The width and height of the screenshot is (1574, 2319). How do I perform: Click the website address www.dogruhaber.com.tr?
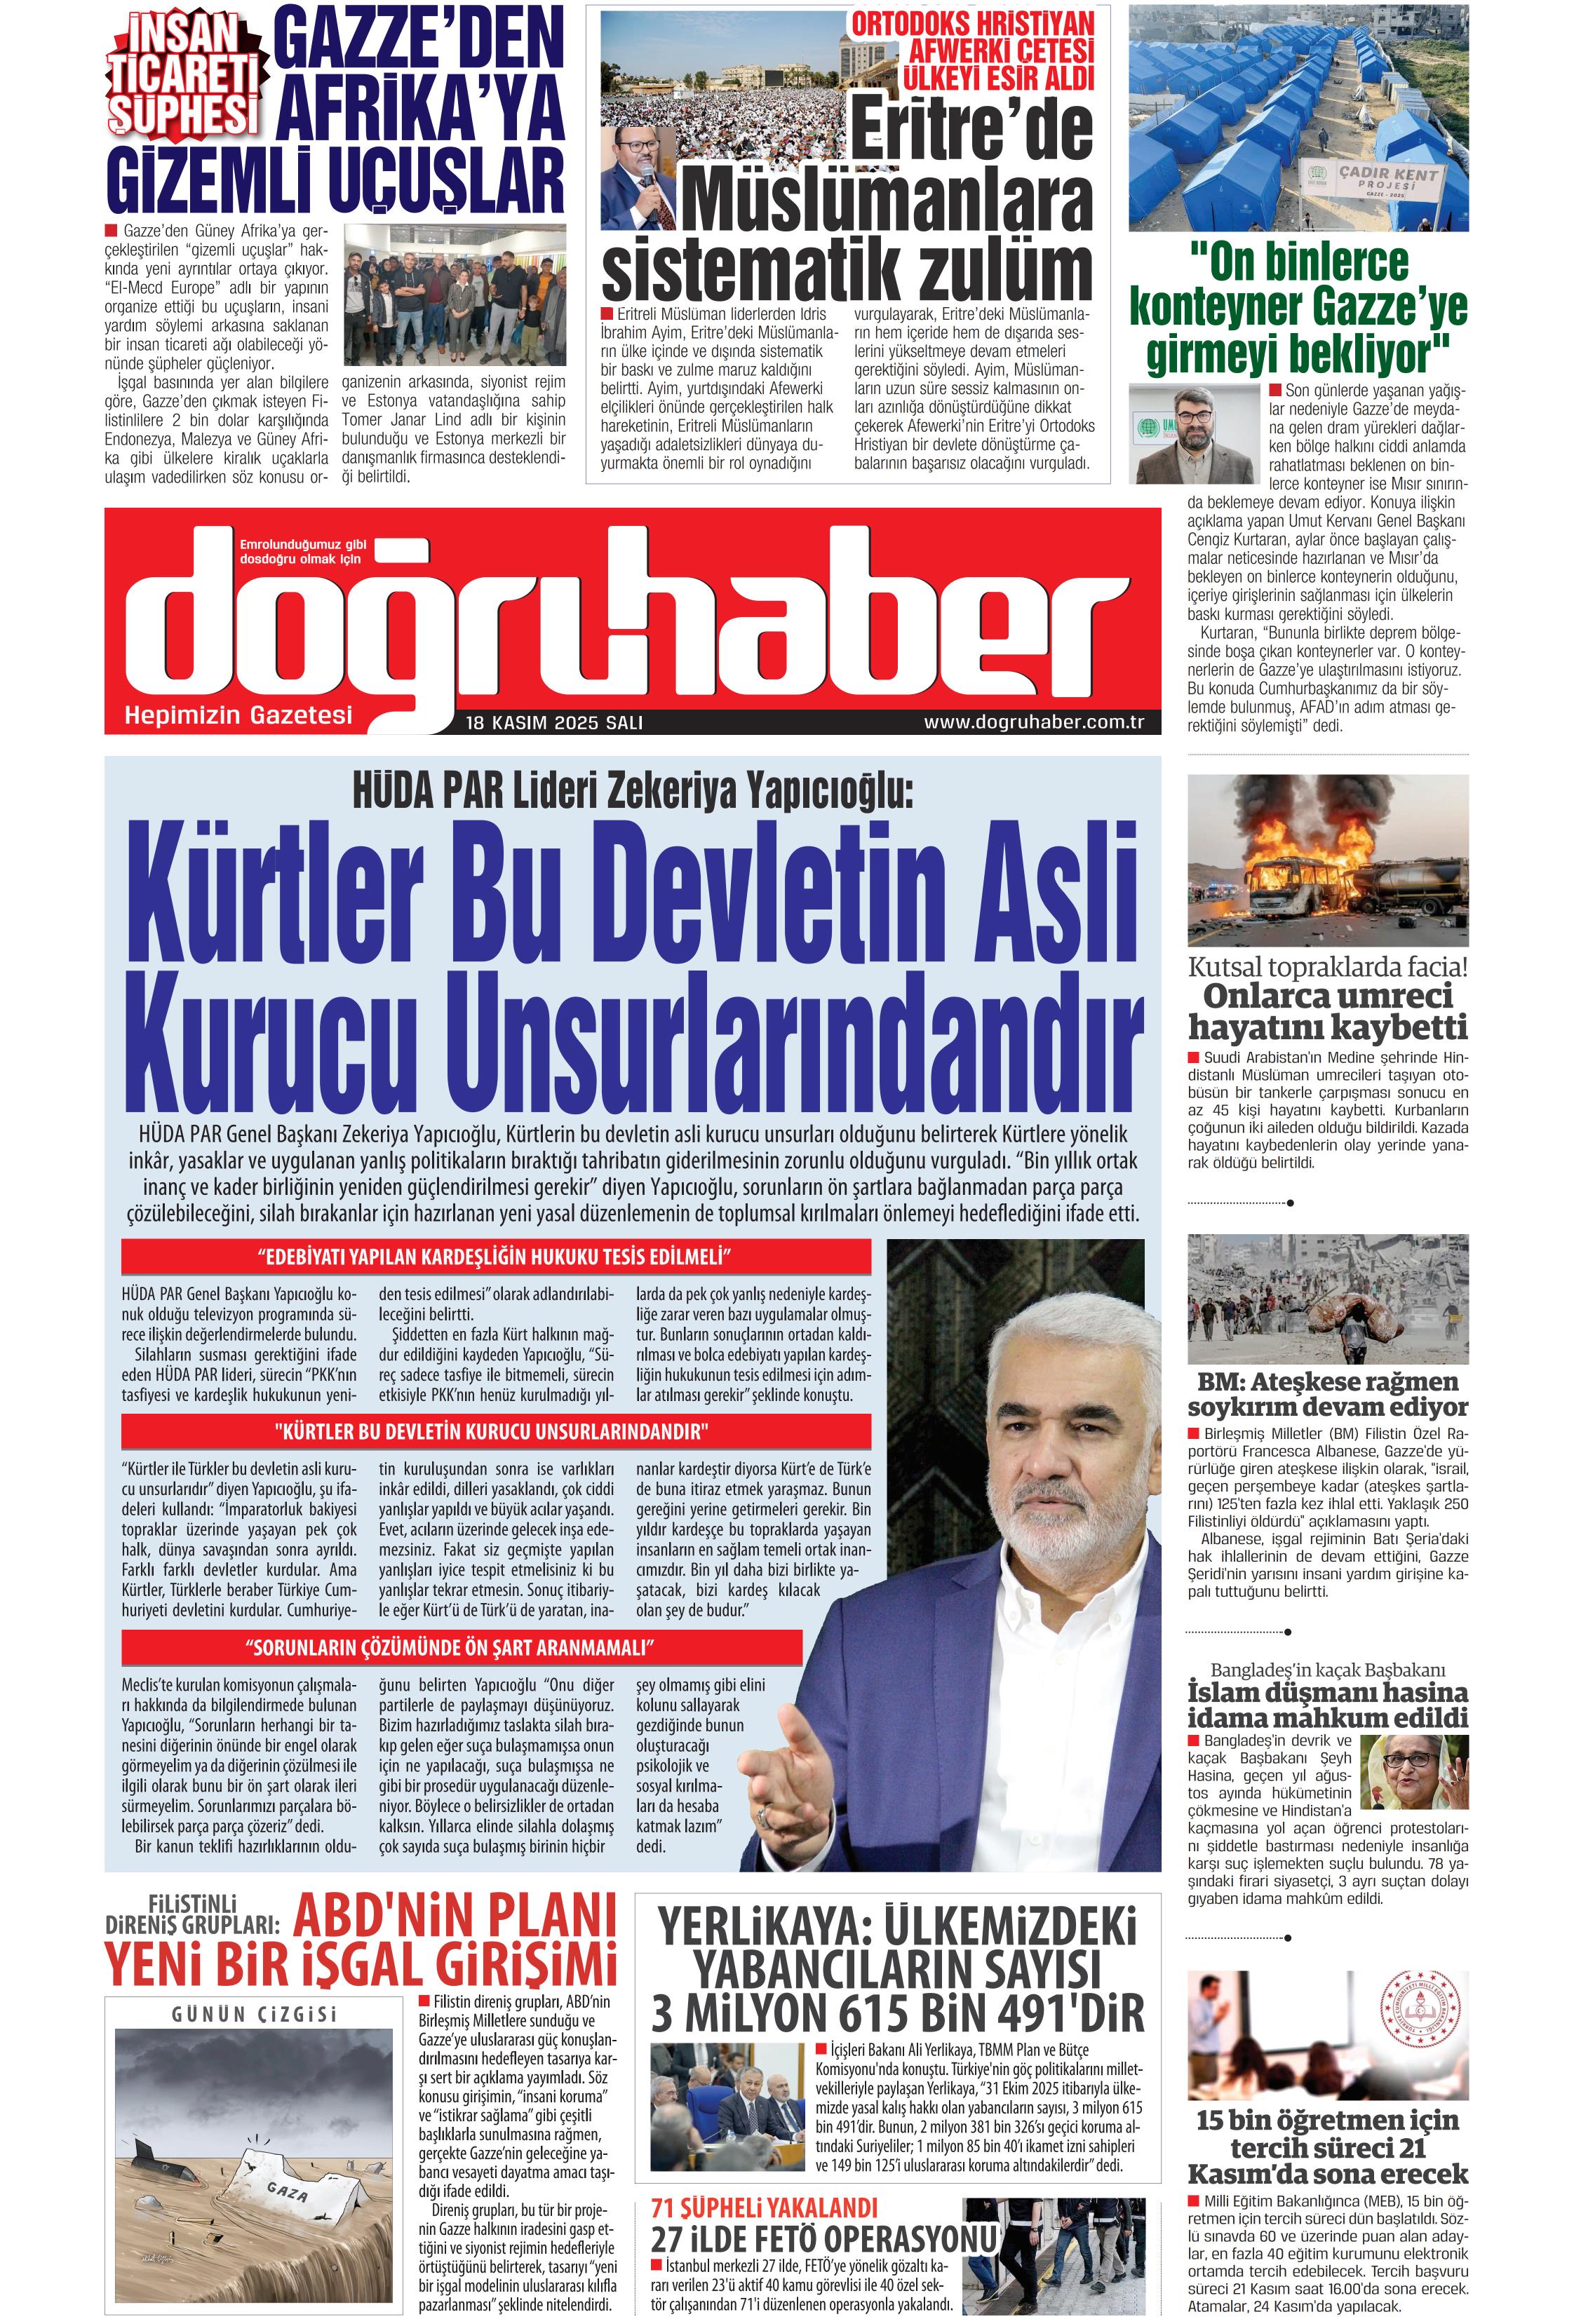coord(1033,722)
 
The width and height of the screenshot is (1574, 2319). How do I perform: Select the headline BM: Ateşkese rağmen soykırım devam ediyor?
coord(1328,1394)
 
